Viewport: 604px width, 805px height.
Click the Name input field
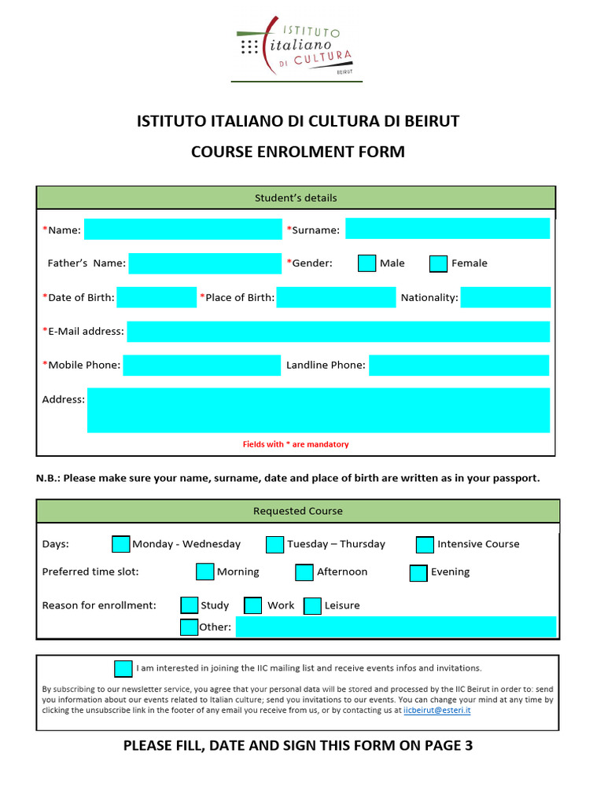coord(182,229)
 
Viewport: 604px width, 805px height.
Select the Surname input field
coord(447,229)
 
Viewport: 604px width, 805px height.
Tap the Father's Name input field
coord(204,263)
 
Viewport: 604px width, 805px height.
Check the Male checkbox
coord(366,263)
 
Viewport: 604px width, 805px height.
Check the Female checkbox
coord(438,263)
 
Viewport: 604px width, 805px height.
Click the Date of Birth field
coord(156,297)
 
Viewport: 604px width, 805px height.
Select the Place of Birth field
coord(336,297)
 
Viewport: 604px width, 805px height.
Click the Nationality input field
coord(505,297)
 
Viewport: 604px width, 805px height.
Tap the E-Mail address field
coord(338,332)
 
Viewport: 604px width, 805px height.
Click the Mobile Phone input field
coord(201,366)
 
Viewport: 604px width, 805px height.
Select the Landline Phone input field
coord(459,366)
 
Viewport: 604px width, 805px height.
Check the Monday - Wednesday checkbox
coord(121,544)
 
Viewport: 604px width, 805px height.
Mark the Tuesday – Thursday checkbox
coord(274,544)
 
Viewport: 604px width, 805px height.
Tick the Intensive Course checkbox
coord(425,544)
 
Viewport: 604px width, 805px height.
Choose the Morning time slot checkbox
coord(204,572)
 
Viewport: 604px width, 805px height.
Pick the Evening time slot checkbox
coord(418,572)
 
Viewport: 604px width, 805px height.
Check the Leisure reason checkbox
coord(312,605)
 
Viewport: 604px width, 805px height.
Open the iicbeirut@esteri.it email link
coord(436,710)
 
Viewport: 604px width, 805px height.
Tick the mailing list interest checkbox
coord(123,668)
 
